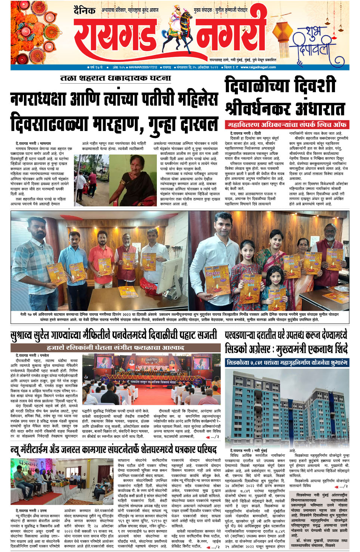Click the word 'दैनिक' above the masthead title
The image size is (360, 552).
coord(84,11)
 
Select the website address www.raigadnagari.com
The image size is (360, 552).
coord(258,68)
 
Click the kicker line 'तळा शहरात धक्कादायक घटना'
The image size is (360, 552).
coord(115,78)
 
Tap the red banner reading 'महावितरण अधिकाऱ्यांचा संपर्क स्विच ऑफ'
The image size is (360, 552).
coord(286,125)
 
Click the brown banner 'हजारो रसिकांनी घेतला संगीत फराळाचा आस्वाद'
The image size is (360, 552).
coord(115,347)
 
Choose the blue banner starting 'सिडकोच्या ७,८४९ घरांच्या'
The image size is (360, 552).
coord(287,362)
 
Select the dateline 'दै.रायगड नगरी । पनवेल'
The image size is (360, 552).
coord(32,355)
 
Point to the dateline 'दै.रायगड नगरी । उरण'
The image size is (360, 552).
coord(31,510)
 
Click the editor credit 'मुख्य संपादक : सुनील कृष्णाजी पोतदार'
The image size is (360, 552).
coord(221,10)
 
